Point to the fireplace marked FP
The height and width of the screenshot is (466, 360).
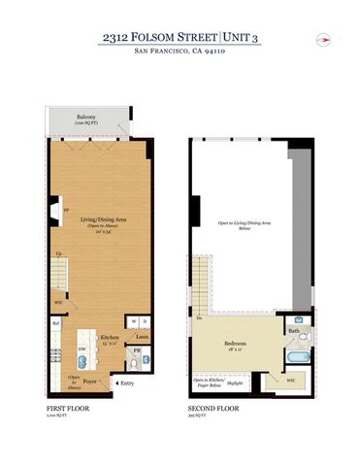(x=53, y=209)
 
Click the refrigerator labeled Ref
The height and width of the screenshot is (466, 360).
(x=56, y=323)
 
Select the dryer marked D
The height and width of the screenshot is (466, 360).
(x=145, y=320)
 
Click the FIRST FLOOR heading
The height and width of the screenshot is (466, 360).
(x=67, y=409)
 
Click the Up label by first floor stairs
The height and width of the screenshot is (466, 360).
(x=57, y=253)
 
